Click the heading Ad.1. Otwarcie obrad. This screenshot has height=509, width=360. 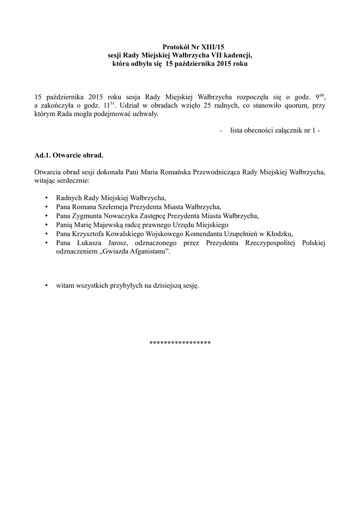tap(69, 155)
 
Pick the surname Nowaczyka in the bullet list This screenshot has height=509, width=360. tap(120, 216)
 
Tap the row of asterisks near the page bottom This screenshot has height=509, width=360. tap(180, 343)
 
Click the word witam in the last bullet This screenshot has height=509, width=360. tap(66, 286)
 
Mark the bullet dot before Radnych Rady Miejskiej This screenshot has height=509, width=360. tap(46, 198)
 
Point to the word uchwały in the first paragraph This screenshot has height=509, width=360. tap(150, 114)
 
